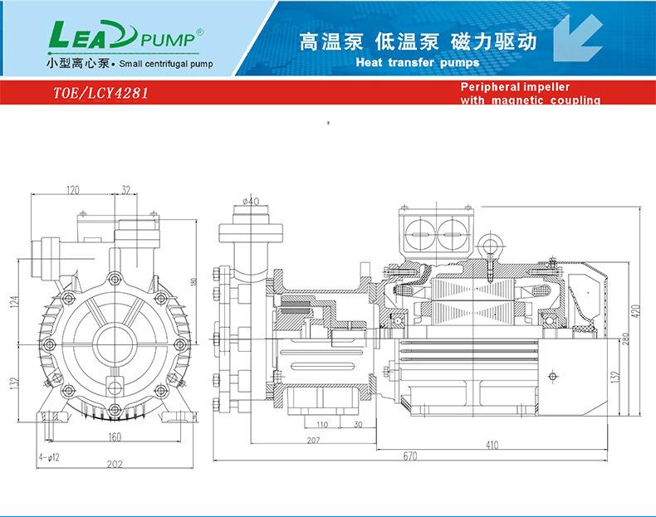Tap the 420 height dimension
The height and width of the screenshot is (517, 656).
pos(638,310)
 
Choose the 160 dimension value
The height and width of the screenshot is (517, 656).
pos(115,437)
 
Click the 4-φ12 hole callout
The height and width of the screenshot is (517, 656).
pos(47,457)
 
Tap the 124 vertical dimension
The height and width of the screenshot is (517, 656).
pos(14,302)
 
